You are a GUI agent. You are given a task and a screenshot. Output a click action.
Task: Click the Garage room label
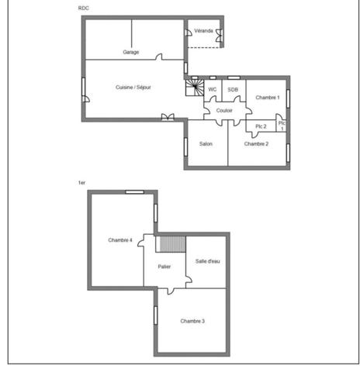[131, 52]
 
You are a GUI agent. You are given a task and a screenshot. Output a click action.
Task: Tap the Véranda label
[203, 31]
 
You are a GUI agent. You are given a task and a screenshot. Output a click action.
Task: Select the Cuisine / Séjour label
[133, 88]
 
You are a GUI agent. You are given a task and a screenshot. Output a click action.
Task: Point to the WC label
[213, 89]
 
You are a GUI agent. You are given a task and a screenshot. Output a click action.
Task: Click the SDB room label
[233, 90]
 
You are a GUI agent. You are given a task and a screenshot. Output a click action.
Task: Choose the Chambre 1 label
[268, 98]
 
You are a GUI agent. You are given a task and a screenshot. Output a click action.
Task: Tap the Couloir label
[224, 111]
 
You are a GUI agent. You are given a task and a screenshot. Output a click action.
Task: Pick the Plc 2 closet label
[261, 126]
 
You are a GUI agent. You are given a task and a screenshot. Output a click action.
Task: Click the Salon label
[206, 143]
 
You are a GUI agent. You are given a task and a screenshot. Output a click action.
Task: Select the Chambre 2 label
[256, 144]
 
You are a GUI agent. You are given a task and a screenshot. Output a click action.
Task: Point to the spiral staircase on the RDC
[195, 88]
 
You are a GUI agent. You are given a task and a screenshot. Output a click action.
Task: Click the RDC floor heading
[83, 9]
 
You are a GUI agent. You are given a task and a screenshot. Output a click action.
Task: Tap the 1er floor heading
[81, 183]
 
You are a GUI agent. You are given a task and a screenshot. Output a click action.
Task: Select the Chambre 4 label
[120, 240]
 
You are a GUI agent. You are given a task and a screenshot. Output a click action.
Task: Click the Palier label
[164, 267]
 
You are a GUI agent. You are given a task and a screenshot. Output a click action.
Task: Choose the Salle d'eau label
[208, 261]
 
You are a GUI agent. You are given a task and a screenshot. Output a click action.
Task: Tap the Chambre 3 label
[192, 321]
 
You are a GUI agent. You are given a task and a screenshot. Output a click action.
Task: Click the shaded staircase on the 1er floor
[173, 244]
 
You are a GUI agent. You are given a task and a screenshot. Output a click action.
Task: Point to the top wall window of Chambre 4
[134, 192]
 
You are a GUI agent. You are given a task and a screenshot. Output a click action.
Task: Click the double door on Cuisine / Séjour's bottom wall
[168, 117]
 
